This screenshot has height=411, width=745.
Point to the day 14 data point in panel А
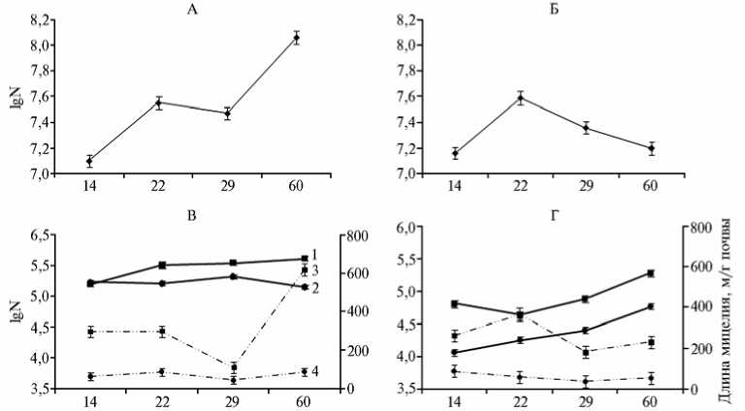tap(89, 161)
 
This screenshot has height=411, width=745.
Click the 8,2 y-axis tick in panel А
tap(43, 19)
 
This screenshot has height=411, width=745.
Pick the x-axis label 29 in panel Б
tap(585, 189)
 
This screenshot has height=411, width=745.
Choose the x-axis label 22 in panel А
tap(159, 189)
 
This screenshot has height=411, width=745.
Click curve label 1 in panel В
tap(315, 254)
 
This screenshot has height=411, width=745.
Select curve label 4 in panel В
tap(315, 371)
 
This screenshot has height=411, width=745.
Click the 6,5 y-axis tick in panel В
tap(43, 236)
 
